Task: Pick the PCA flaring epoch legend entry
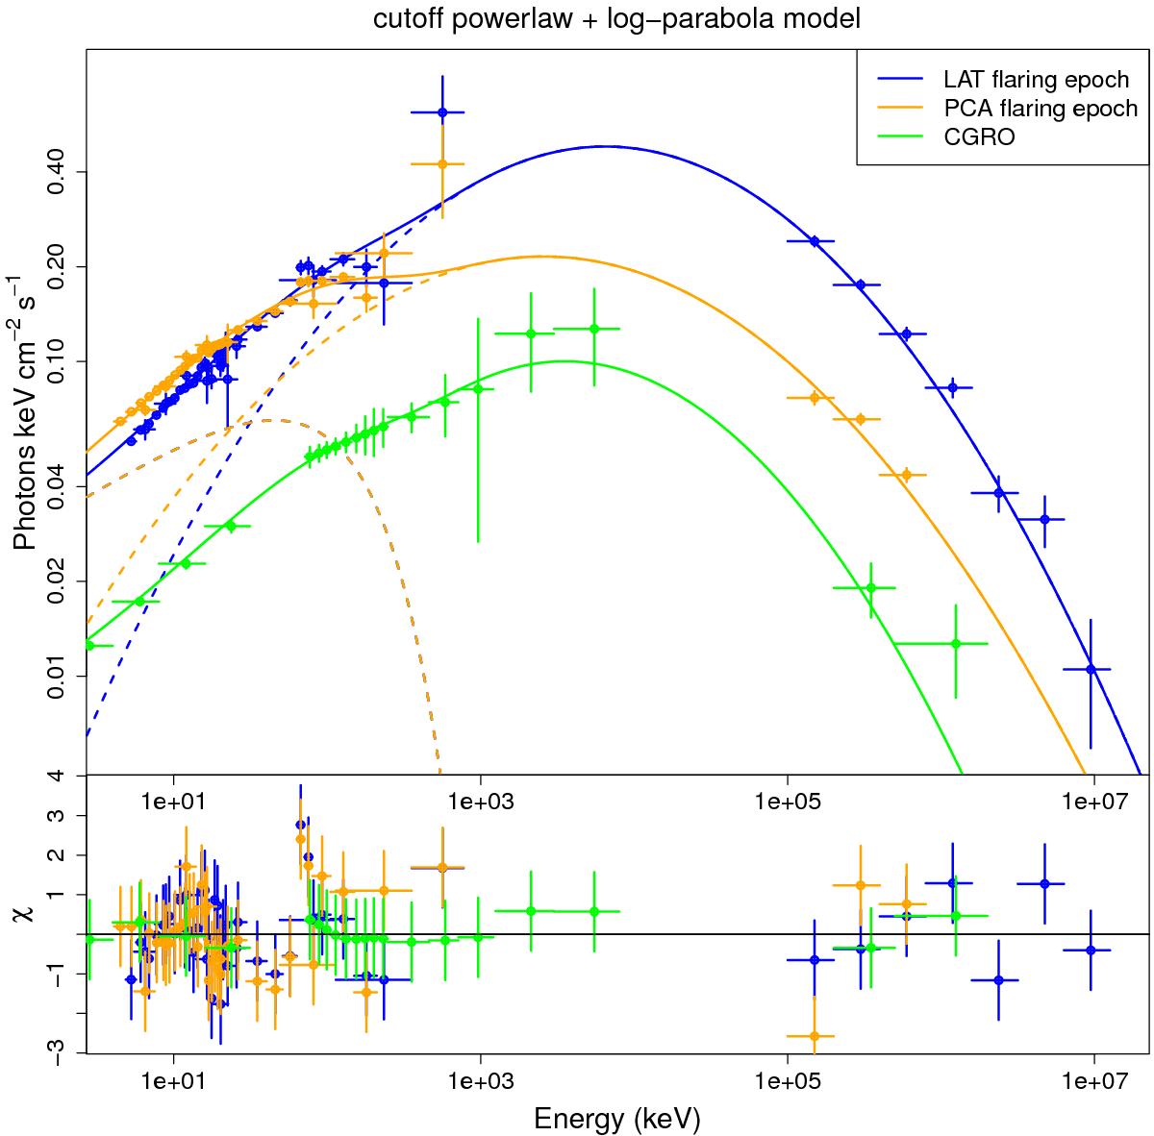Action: [x=1027, y=108]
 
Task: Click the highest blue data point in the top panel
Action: [x=441, y=112]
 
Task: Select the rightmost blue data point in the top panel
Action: [x=1091, y=669]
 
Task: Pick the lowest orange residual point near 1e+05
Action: [x=815, y=1036]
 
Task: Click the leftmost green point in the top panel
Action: [x=89, y=645]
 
